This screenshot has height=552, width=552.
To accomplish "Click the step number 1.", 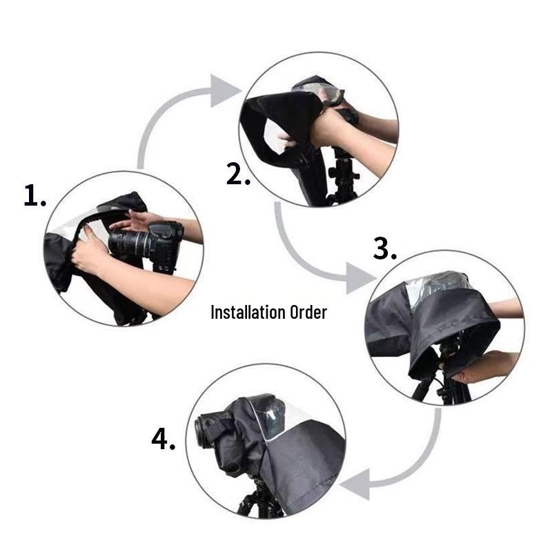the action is pos(34,197).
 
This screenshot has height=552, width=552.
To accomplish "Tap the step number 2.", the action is pos(238,174).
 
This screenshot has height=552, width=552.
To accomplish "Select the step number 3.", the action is pos(384,248).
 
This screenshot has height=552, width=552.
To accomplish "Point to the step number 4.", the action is pos(163,440).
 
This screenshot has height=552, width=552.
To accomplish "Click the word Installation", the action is pos(247,312).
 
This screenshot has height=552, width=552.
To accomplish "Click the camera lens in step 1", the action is pos(129,242).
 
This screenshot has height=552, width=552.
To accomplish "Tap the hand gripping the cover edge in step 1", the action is pos(89,253).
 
